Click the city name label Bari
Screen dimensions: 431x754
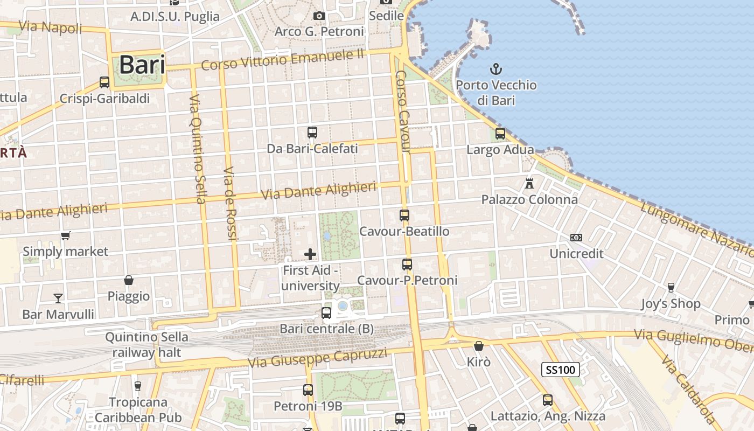pos(142,65)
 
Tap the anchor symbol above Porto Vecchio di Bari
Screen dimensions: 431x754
pos(495,68)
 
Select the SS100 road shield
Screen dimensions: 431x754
pos(561,370)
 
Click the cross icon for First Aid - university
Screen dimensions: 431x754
pos(310,254)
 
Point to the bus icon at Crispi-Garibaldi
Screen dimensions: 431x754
pos(104,82)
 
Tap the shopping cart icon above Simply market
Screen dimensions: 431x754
pos(66,235)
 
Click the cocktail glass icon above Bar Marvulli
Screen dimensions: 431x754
pos(58,297)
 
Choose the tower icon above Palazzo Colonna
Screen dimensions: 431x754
pos(529,183)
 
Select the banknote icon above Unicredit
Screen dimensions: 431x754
pos(576,238)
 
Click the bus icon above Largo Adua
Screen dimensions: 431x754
pos(500,133)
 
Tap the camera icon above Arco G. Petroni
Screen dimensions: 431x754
pos(319,16)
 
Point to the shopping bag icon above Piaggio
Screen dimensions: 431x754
pos(129,280)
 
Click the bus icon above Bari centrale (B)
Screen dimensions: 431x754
pos(326,312)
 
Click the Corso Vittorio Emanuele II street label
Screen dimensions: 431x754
pos(283,59)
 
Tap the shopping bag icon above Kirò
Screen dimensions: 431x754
pos(478,345)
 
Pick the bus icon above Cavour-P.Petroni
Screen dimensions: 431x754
pos(407,265)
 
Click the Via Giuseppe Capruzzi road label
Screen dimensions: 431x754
pos(317,358)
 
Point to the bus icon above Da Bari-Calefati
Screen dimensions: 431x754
pos(312,132)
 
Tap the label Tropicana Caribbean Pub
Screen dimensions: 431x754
pos(138,409)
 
